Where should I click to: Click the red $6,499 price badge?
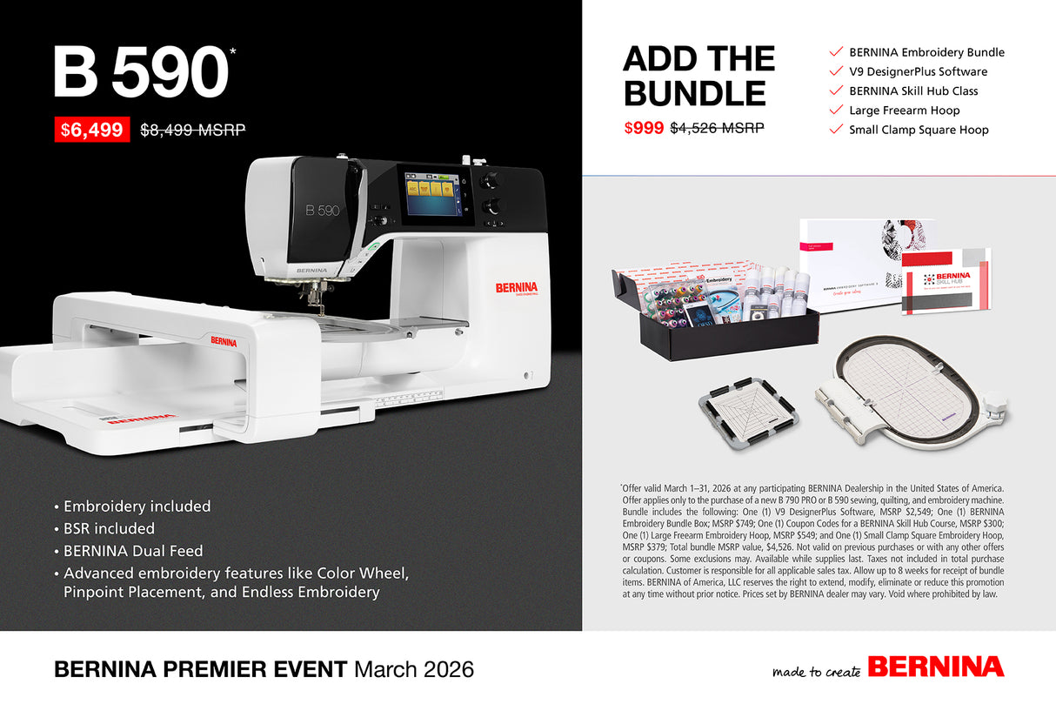tap(92, 130)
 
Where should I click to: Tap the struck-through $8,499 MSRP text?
tap(192, 131)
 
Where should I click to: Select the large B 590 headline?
tap(140, 73)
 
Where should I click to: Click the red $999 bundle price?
tap(644, 127)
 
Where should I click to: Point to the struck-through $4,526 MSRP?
tap(717, 127)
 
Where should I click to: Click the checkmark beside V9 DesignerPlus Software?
tap(837, 71)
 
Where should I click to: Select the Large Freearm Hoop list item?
tap(905, 111)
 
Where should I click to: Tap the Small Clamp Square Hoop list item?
tap(919, 130)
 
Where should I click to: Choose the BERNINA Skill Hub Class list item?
tap(913, 91)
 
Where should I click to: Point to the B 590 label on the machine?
tap(322, 211)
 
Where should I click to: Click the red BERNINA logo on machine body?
tap(517, 287)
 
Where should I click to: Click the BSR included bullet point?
tap(109, 528)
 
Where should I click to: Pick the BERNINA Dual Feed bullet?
tap(133, 551)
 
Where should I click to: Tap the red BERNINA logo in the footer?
tap(935, 667)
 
